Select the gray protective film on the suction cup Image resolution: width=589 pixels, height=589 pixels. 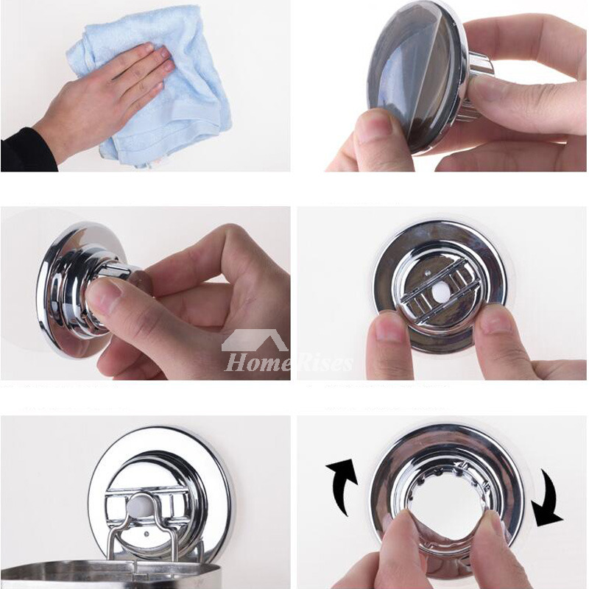[409, 81]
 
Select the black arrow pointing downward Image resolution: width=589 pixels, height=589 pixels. [549, 501]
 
